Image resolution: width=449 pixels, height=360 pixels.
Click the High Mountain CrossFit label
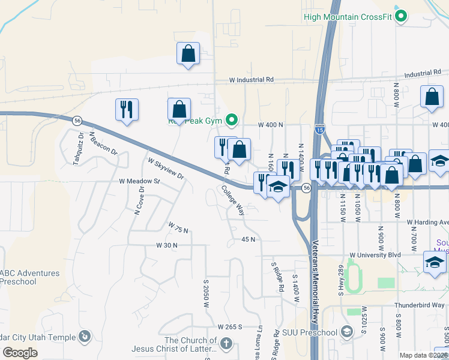pyautogui.click(x=348, y=17)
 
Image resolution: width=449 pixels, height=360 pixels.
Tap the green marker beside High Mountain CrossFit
pyautogui.click(x=402, y=16)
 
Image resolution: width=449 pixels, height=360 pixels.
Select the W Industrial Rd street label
pyautogui.click(x=251, y=79)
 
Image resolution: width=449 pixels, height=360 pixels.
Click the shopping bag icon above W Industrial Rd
pyautogui.click(x=188, y=53)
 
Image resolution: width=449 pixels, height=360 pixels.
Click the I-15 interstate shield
pyautogui.click(x=320, y=128)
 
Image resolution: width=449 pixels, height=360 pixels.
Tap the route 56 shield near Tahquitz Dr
pyautogui.click(x=77, y=121)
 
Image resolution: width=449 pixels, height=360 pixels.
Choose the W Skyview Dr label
pyautogui.click(x=166, y=168)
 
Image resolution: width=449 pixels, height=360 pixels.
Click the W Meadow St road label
pyautogui.click(x=140, y=181)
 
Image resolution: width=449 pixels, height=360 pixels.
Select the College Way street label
pyautogui.click(x=233, y=200)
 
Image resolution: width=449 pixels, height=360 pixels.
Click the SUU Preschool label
pyautogui.click(x=310, y=332)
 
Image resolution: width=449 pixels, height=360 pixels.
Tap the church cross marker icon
pyautogui.click(x=226, y=343)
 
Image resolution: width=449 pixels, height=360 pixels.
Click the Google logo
pyautogui.click(x=20, y=353)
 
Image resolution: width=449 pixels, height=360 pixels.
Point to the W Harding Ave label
pyautogui.click(x=427, y=223)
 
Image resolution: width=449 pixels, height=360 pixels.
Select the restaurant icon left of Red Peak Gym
pyautogui.click(x=127, y=110)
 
